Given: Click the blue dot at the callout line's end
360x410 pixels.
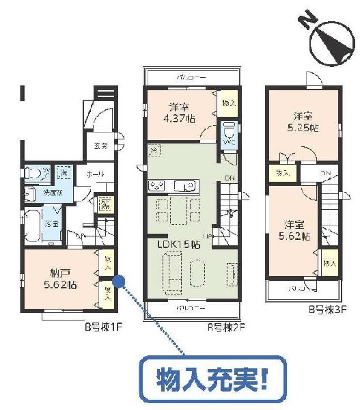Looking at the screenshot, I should (118, 280).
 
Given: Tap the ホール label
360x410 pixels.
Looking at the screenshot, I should (95, 174).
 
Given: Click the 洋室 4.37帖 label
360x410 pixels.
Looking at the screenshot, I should (180, 111).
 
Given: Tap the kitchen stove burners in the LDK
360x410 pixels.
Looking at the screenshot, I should (156, 185).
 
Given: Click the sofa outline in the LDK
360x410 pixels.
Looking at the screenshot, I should (170, 273).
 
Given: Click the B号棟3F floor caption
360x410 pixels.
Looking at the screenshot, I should (323, 310).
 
